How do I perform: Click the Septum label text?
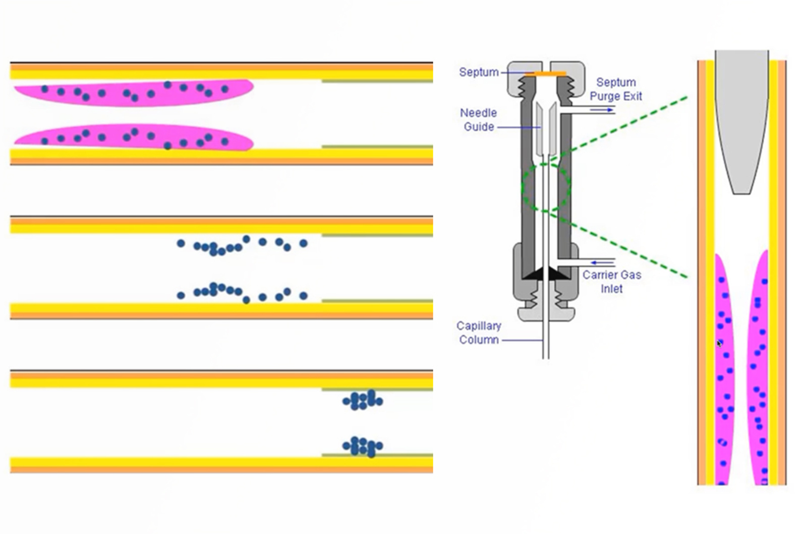click(x=478, y=72)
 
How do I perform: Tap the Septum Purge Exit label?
click(x=615, y=89)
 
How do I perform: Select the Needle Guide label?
click(x=478, y=120)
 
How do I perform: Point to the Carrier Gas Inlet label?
click(x=611, y=282)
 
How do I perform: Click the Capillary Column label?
click(x=478, y=332)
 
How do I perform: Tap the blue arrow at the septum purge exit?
click(x=602, y=110)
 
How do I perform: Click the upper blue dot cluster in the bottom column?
click(x=363, y=400)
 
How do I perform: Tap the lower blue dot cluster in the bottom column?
click(x=363, y=446)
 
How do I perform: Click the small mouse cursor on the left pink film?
click(x=720, y=344)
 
